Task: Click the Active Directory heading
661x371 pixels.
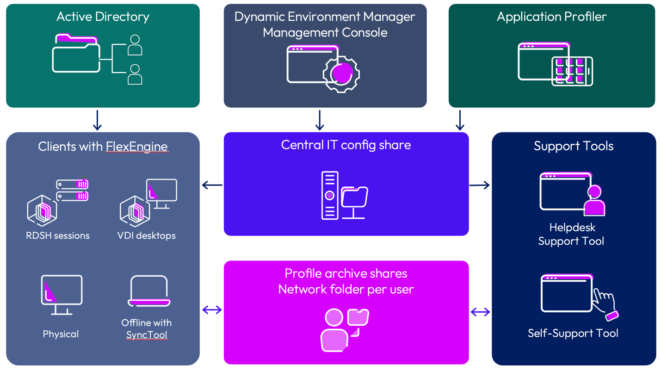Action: pos(103,17)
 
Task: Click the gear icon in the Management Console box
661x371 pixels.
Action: pos(341,73)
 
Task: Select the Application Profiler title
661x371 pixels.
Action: pos(551,17)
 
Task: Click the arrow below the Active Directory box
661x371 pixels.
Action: pos(97,120)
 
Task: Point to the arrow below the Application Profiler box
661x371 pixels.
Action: pos(460,120)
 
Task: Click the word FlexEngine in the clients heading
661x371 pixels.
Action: pos(136,147)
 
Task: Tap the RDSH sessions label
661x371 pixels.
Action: pos(58,235)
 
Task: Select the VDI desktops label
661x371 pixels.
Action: pos(147,235)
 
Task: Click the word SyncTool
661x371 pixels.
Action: pos(147,334)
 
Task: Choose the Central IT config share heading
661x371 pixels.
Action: pos(346,145)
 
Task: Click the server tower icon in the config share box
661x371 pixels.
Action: pos(330,195)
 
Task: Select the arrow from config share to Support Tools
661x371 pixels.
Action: pos(480,185)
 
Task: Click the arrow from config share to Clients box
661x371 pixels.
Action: pos(212,185)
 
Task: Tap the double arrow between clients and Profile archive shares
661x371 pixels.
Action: pos(212,309)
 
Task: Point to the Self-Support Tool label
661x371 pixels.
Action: pos(573,334)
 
